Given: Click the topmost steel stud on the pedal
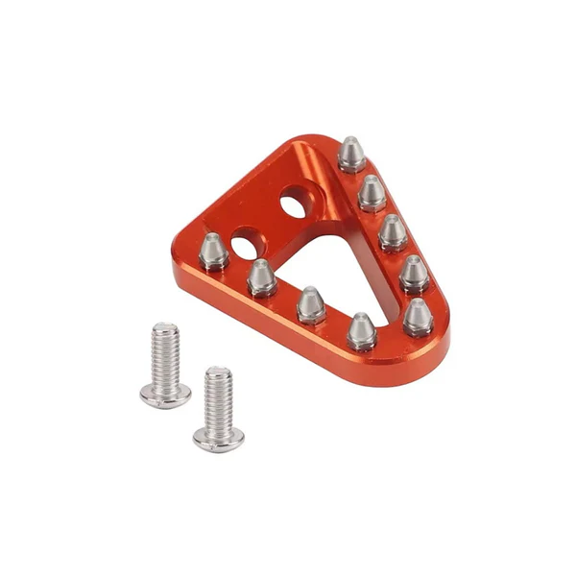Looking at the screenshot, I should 351,154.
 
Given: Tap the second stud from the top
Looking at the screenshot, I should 372,193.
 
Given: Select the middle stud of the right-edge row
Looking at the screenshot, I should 393,232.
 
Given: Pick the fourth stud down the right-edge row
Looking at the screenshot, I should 413,274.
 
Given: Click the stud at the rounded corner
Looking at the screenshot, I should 418,316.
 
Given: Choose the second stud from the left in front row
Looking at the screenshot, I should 261,278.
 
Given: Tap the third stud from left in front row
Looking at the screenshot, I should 310,305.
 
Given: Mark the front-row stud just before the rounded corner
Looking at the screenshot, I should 361,331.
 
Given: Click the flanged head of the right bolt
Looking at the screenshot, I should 218,438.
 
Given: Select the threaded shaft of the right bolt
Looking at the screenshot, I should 219,398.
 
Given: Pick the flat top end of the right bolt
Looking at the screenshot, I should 219,372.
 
